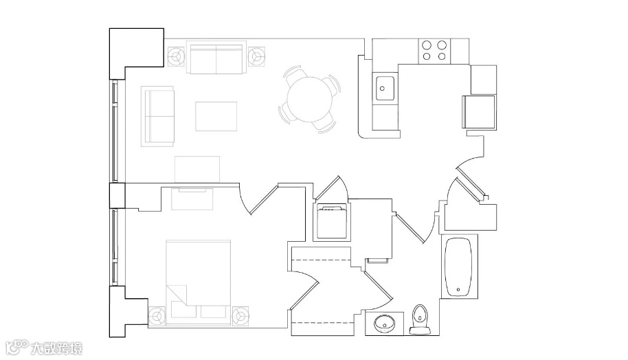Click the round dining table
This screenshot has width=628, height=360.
pos(309,99)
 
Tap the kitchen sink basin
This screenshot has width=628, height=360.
pos(385,88)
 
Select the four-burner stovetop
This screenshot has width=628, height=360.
pos(434,50)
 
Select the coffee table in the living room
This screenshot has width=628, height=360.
pos(216,115)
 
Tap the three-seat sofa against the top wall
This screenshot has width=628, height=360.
pos(216,59)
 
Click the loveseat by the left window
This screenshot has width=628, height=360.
pos(157,115)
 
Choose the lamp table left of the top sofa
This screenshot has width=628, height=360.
pos(176,55)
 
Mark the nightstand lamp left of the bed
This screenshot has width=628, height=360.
pos(157,315)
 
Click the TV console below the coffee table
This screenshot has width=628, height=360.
pos(197,168)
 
